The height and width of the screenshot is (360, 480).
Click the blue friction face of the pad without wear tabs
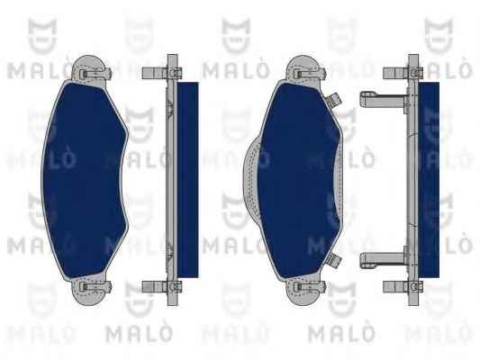point(84,181)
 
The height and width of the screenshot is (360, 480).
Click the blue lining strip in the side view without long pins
point(187,180)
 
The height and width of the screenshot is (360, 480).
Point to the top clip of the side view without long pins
point(161,73)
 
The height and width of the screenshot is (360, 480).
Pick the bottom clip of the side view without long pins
point(161,286)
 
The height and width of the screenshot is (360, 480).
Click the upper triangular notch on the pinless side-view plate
point(170,109)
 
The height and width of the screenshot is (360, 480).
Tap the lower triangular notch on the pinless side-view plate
point(170,250)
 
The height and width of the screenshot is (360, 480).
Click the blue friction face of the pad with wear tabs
point(298,181)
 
